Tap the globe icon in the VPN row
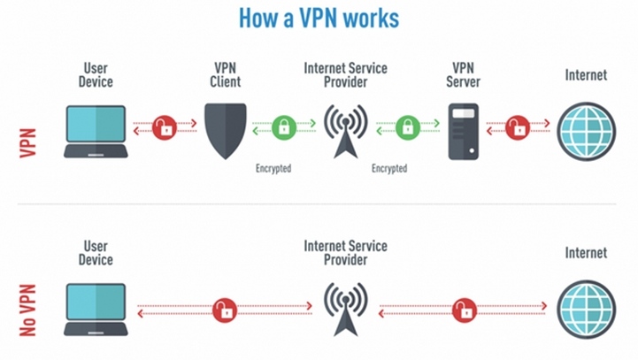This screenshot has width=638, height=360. tap(586, 130)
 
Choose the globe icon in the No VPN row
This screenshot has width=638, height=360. tap(586, 306)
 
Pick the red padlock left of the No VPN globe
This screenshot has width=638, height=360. tap(463, 310)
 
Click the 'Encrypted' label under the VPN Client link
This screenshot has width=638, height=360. tap(273, 167)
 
